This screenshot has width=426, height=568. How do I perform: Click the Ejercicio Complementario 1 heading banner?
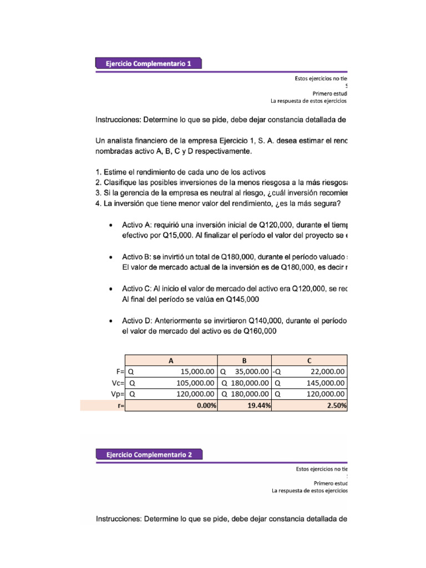coord(149,64)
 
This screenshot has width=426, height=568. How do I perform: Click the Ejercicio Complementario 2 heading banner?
coord(149,454)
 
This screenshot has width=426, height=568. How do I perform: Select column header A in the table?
coord(171,361)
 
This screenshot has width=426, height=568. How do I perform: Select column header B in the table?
coord(244,361)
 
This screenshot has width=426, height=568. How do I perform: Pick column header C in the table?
coord(310,361)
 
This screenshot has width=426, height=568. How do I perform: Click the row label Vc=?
coord(116,383)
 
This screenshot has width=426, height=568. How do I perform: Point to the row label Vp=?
coord(116,394)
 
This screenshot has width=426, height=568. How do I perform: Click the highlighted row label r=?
coord(119,405)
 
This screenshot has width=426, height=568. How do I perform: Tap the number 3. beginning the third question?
coord(99,192)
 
